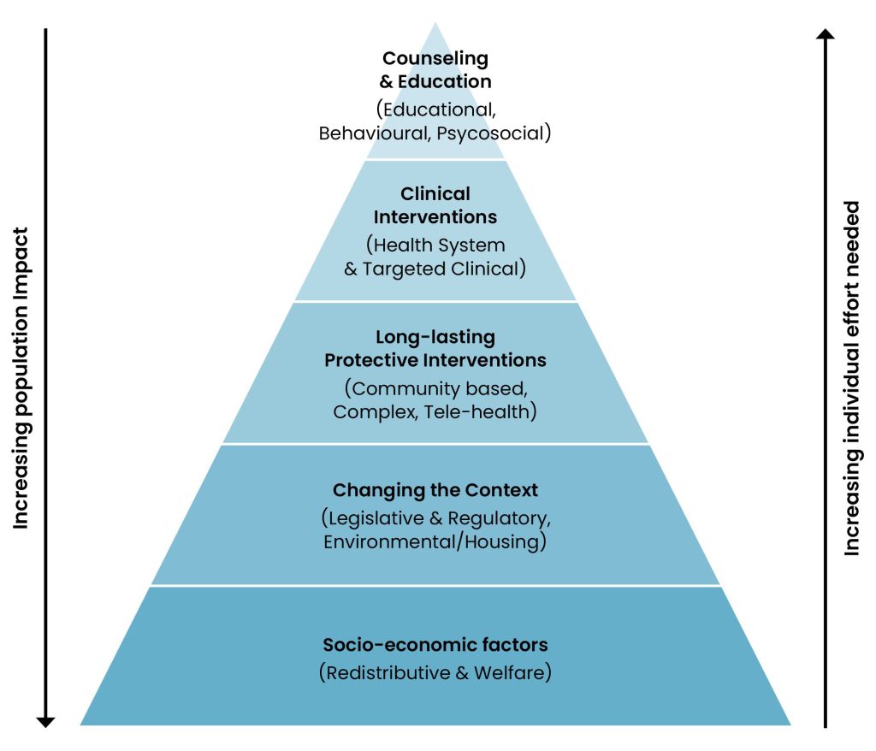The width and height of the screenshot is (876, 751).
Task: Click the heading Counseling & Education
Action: [x=436, y=70]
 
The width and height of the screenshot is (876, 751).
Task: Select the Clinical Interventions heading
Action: [x=435, y=205]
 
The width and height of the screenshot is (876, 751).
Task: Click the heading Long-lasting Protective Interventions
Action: [x=435, y=348]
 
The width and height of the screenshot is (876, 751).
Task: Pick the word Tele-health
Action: [x=483, y=411]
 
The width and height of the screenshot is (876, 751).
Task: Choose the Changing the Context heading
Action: [x=435, y=490]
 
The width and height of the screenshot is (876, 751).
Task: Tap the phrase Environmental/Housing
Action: [x=435, y=542]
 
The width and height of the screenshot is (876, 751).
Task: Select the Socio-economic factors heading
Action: [x=435, y=644]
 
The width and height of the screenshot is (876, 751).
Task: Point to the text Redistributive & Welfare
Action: [x=435, y=673]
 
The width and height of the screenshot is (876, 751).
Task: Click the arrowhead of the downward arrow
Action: [x=46, y=720]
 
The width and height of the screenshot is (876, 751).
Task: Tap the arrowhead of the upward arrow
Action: [x=825, y=35]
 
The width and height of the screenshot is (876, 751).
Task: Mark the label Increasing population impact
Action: [x=21, y=377]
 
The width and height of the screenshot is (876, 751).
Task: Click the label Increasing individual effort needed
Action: [x=852, y=377]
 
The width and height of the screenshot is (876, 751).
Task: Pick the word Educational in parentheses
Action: [x=439, y=110]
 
